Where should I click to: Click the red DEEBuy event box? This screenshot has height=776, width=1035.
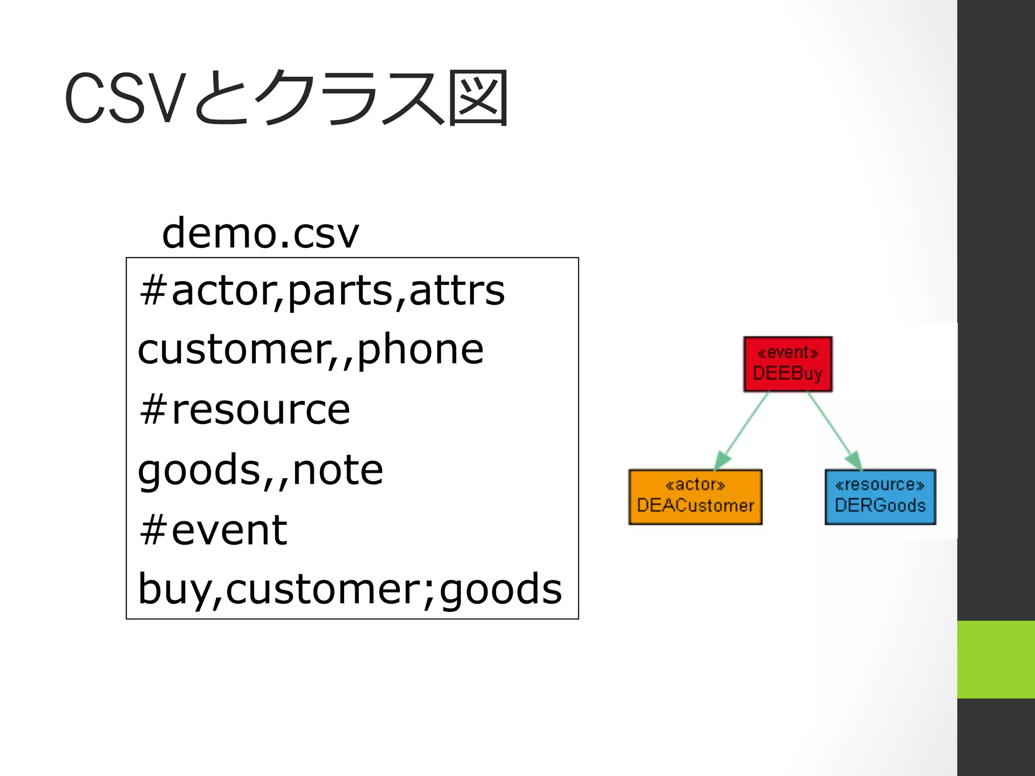click(x=787, y=364)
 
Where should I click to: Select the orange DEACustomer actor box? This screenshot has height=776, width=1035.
click(x=695, y=497)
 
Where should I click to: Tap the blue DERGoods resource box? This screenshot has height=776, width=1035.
click(x=880, y=497)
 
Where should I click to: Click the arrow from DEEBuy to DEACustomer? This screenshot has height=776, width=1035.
click(x=742, y=430)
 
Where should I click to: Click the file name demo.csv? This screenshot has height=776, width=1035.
click(x=260, y=233)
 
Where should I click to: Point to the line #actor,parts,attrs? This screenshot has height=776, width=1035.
click(x=322, y=291)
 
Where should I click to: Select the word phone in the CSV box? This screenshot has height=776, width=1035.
click(x=420, y=349)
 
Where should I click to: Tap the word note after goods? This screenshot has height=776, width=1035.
click(x=338, y=470)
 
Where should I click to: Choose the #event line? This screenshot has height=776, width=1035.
click(x=213, y=530)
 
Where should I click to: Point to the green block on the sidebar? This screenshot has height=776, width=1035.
click(x=996, y=659)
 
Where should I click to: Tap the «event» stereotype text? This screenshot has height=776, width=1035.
click(x=787, y=352)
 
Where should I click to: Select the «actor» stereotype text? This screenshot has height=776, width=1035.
click(x=695, y=485)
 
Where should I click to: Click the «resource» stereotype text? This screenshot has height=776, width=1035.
click(x=880, y=485)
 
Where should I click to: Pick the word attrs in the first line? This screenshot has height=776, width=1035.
click(x=457, y=291)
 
